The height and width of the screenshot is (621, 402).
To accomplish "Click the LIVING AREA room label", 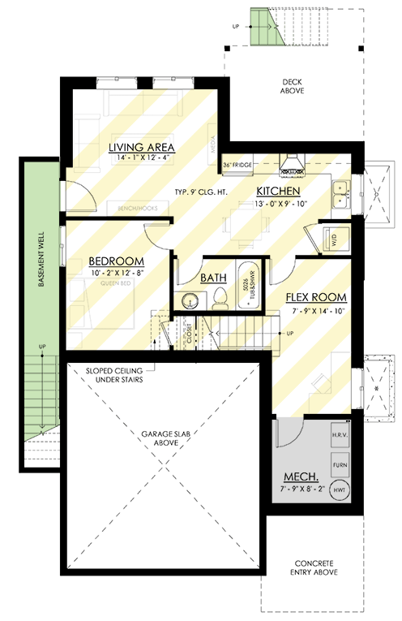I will point(143,147).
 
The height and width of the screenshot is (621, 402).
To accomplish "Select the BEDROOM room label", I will point(116,261).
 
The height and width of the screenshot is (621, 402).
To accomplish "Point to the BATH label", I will point(213,277).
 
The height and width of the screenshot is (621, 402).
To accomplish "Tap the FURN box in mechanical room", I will point(340,464).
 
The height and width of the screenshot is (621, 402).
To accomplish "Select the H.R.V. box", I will point(340,437).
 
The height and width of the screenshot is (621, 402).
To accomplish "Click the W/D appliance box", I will point(335,239).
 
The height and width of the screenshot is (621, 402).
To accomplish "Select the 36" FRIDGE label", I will point(238,166).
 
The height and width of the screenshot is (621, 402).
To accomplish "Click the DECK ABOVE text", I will point(292,87).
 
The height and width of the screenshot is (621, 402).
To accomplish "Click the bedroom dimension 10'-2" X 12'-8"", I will point(116,273).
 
